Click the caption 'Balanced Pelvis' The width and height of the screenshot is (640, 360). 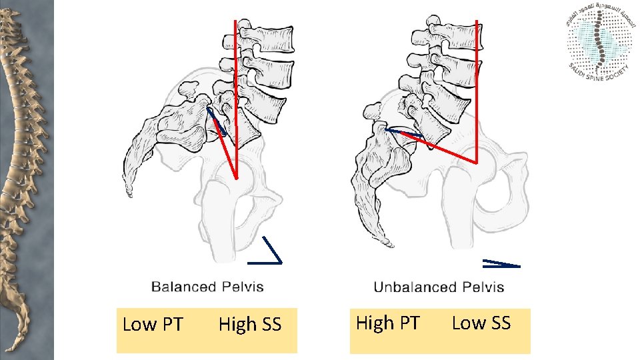click(207, 287)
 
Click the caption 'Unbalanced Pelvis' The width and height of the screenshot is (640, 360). click(439, 287)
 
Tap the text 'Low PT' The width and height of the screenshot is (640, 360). click(153, 325)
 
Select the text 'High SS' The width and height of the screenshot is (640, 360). click(250, 325)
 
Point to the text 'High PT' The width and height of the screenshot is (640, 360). click(387, 323)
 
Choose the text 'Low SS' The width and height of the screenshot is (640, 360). click(481, 323)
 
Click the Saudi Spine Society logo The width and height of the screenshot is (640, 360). click(601, 44)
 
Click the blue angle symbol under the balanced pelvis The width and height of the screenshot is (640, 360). click(270, 249)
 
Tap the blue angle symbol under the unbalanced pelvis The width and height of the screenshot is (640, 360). click(501, 263)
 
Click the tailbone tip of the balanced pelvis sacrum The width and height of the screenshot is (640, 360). click(129, 195)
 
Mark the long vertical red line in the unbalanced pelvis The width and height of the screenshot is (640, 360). click(477, 87)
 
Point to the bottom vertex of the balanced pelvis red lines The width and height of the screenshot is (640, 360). click(236, 177)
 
